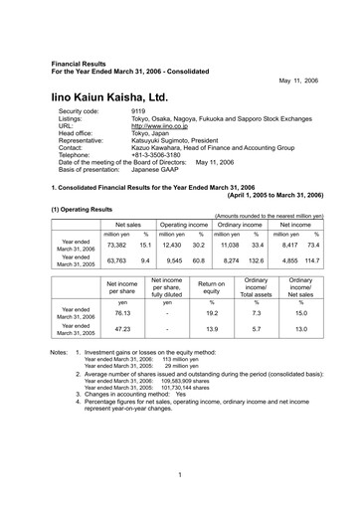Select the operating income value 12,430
pyautogui.click(x=173, y=244)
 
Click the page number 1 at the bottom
pyautogui.click(x=180, y=474)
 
